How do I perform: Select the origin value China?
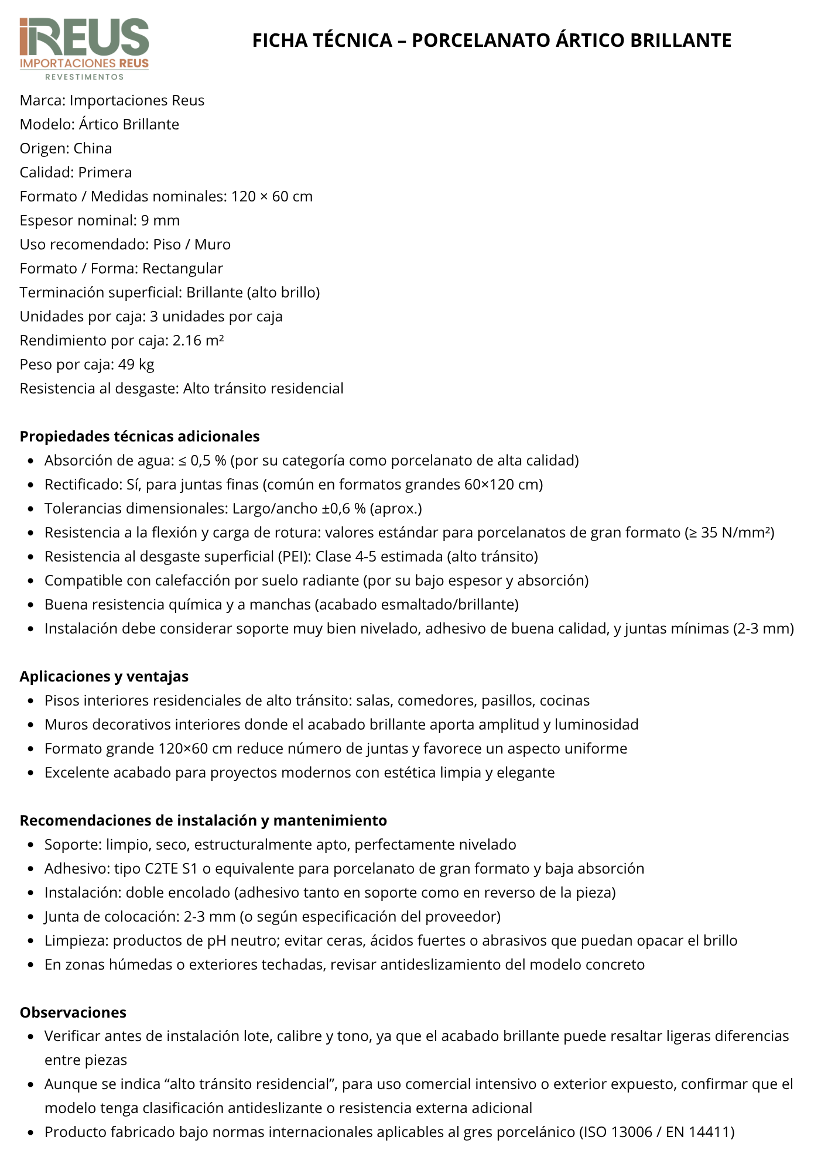coord(93,148)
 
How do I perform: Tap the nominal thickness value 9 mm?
coord(160,220)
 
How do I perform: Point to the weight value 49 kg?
coord(136,364)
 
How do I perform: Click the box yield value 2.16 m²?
coord(198,340)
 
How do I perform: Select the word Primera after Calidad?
coord(105,172)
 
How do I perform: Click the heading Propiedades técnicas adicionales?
coord(139,436)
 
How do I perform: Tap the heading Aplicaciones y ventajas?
coord(104,676)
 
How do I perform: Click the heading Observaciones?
coord(73,1012)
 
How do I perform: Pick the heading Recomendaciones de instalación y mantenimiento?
coord(203,820)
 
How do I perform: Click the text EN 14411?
coord(697,1132)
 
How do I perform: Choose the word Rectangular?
coord(183,268)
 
